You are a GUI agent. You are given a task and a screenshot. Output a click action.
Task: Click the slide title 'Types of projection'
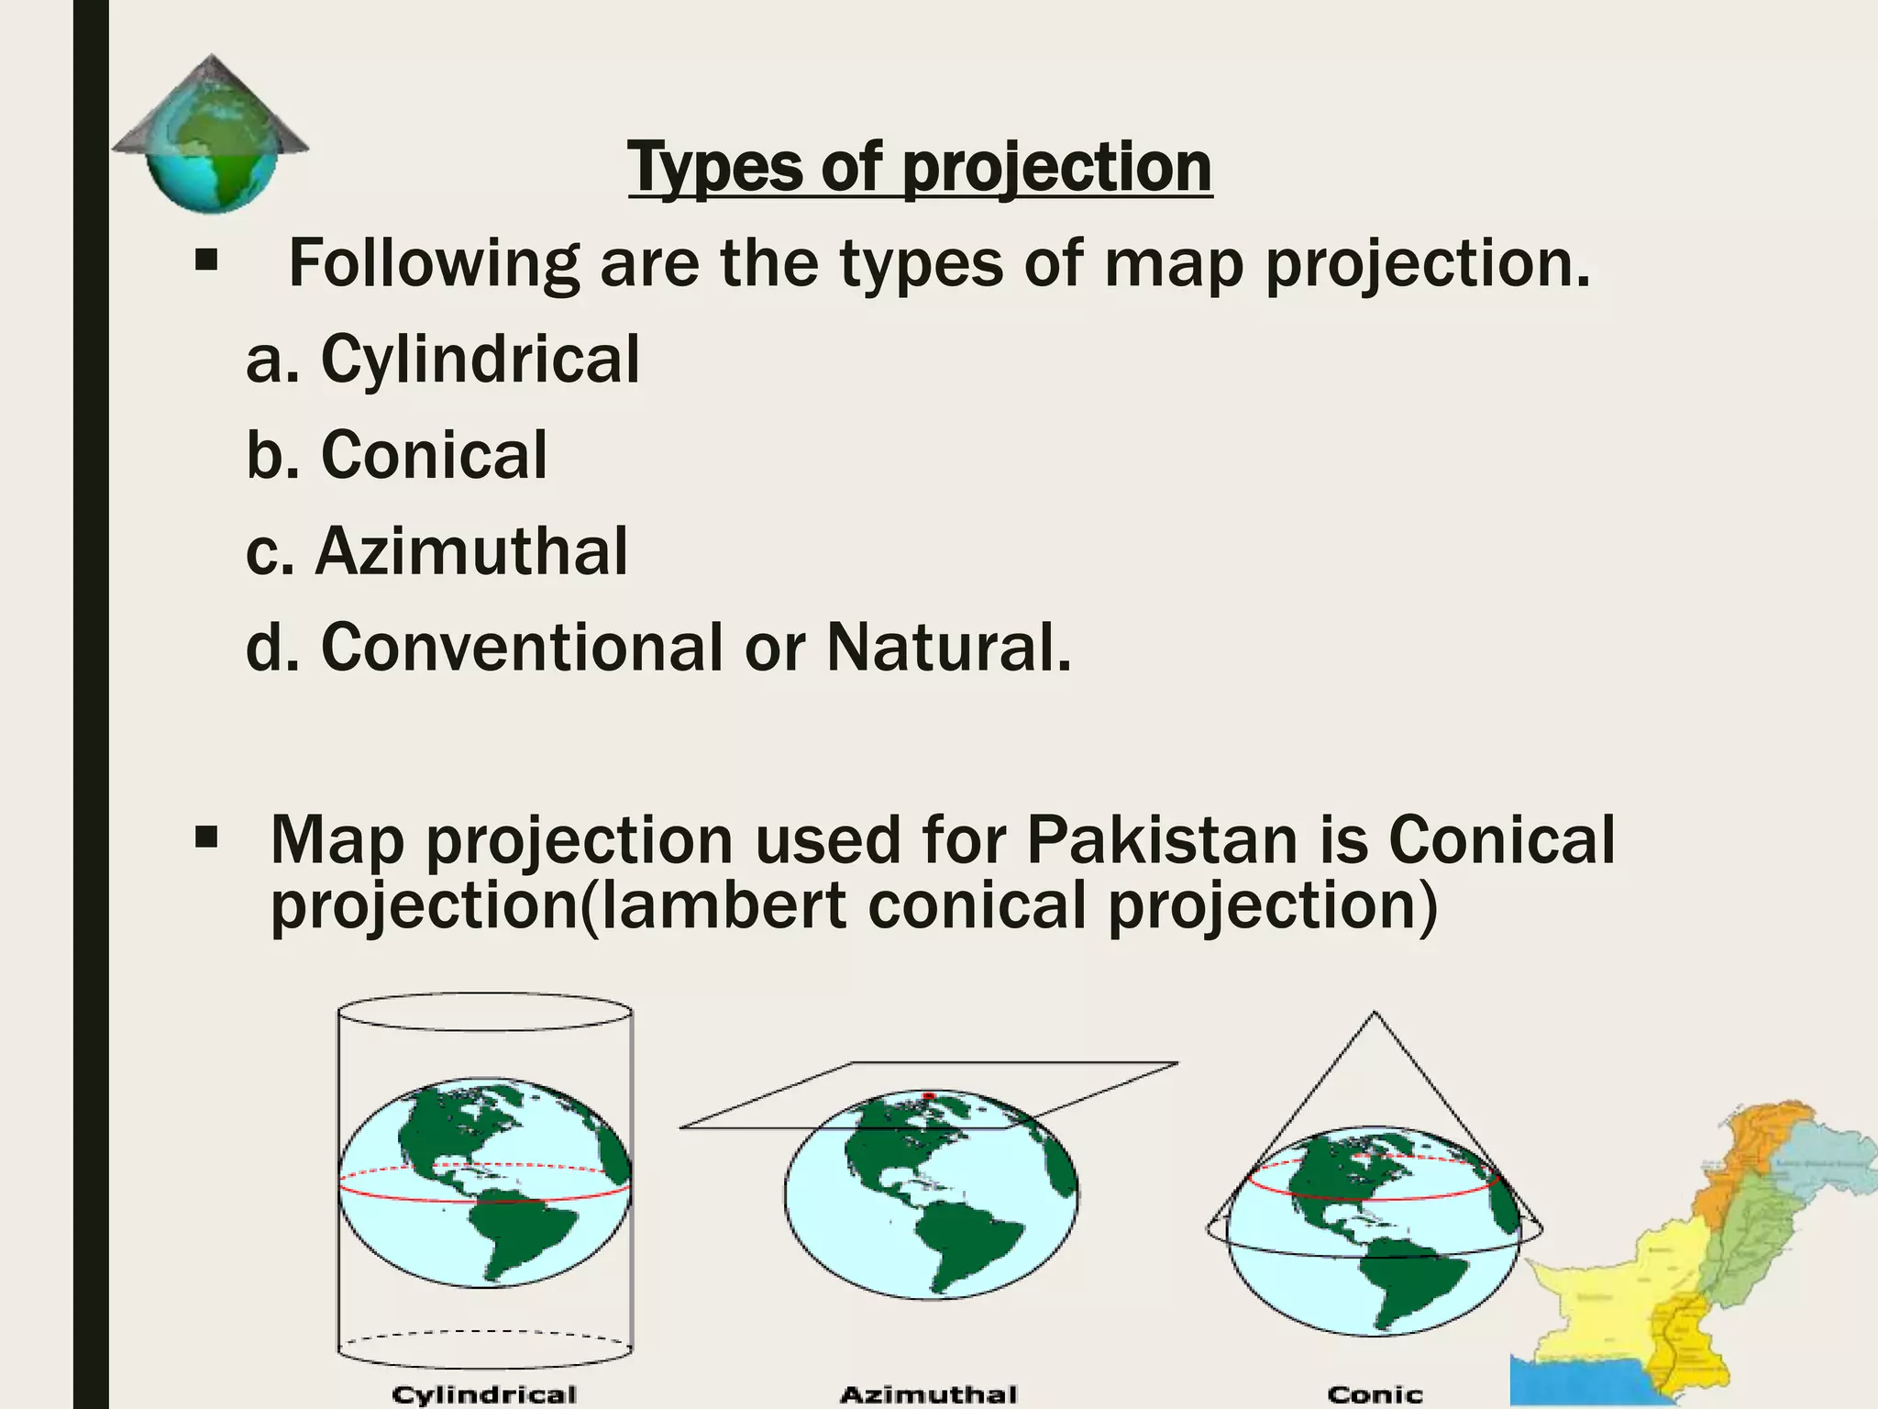click(920, 167)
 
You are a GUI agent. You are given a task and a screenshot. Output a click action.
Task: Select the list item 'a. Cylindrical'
click(443, 359)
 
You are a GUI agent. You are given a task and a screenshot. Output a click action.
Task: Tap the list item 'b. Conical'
click(396, 455)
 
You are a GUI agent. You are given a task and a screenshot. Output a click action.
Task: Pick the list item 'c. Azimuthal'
click(436, 551)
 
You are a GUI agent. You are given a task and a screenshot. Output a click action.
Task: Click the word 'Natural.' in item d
click(948, 648)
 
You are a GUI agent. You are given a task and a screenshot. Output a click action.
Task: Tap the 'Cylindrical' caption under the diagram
click(484, 1395)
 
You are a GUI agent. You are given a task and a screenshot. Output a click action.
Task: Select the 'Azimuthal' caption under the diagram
click(929, 1395)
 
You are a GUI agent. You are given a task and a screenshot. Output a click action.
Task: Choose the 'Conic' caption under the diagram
click(1375, 1395)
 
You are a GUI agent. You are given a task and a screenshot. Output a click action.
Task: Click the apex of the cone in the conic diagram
click(1374, 1014)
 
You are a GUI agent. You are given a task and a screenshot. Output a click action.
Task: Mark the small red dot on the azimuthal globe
click(928, 1095)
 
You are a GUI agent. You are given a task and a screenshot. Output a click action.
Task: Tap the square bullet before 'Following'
click(206, 261)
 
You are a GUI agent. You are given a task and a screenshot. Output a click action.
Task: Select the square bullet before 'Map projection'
click(206, 838)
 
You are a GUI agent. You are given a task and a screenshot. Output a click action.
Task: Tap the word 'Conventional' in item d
click(523, 648)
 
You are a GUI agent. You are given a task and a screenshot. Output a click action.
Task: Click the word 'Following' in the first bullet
click(434, 263)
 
